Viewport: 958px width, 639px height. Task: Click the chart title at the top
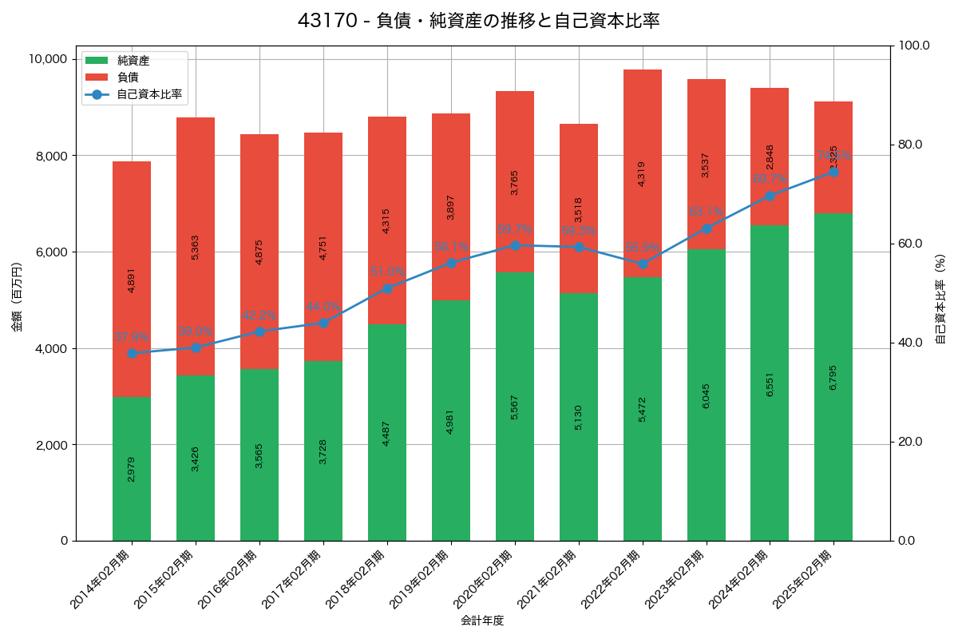[x=479, y=21]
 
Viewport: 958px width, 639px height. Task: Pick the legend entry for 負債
[x=128, y=77]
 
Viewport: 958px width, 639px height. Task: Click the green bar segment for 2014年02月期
[x=132, y=469]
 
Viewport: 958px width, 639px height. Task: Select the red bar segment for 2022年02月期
[x=643, y=173]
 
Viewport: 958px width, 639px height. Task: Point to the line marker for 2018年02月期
[x=387, y=288]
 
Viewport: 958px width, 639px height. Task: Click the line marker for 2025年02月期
[x=833, y=172]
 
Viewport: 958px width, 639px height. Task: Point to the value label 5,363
[x=196, y=247]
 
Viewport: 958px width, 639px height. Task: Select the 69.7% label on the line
[x=770, y=179]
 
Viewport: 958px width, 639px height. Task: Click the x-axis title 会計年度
[x=482, y=621]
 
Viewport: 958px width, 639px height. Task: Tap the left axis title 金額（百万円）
[x=17, y=297]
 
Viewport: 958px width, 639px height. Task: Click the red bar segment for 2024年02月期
[x=770, y=157]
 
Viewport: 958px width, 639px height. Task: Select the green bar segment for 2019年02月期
[x=451, y=420]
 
